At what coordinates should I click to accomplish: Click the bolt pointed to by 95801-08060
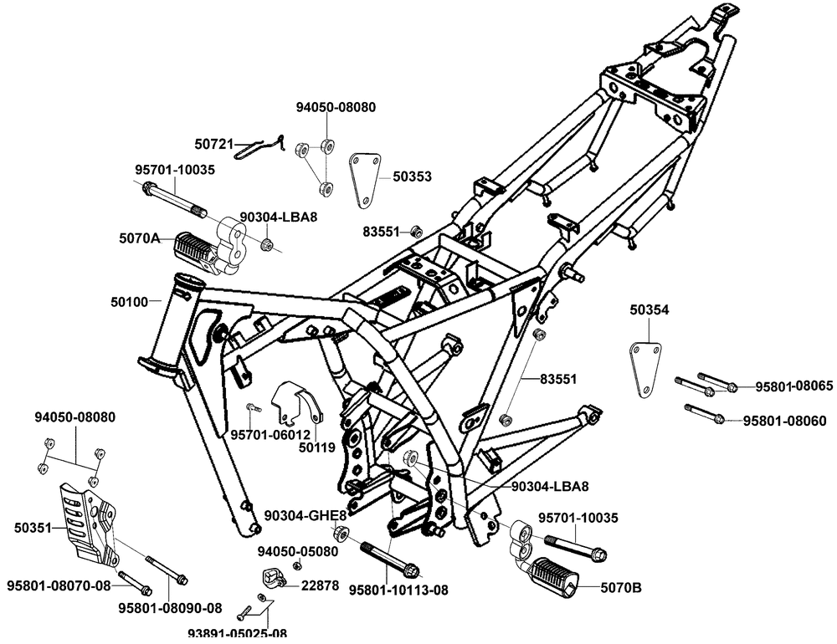[702, 413]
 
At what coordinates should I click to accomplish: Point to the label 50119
[317, 447]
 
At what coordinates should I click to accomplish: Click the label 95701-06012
[270, 435]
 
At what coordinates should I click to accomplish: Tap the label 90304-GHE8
[293, 515]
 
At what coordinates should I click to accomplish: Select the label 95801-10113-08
[398, 589]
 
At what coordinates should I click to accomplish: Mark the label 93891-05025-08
[237, 633]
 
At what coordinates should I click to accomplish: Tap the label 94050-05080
[297, 552]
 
